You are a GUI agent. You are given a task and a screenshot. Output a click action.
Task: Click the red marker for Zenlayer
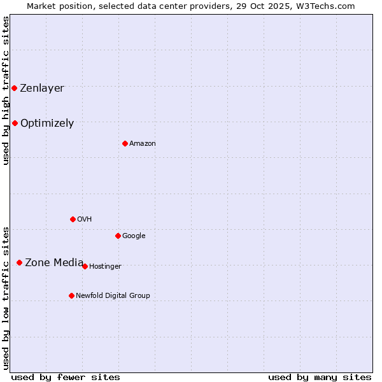(x=14, y=88)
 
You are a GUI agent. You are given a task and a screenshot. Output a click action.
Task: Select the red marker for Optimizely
(x=15, y=123)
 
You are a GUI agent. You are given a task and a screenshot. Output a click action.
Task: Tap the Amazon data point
(x=125, y=143)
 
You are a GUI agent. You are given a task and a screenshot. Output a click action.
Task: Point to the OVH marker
(x=73, y=219)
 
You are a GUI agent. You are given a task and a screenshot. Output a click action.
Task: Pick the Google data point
(x=118, y=236)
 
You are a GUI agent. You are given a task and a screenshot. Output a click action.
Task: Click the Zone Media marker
(x=19, y=262)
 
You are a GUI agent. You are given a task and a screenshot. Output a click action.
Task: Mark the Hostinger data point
(x=85, y=266)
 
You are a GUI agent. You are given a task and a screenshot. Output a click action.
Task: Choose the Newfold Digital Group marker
(x=71, y=295)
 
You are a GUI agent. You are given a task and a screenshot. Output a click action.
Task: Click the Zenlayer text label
(x=42, y=88)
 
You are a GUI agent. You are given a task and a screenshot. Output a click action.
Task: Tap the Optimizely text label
(x=47, y=124)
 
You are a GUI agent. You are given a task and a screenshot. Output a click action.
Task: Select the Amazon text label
(x=143, y=144)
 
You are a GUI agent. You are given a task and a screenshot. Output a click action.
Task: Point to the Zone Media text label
(x=54, y=262)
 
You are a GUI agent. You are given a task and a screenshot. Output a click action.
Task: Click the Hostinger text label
(x=105, y=267)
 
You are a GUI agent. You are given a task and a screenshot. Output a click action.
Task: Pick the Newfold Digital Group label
(x=113, y=295)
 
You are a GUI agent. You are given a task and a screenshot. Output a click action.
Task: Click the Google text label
(x=134, y=236)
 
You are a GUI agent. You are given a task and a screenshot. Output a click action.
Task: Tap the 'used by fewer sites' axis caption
(x=66, y=377)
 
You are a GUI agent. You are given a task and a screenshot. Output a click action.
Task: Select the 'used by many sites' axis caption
(x=320, y=377)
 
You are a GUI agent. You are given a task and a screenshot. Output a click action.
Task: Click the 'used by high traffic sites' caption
(x=6, y=90)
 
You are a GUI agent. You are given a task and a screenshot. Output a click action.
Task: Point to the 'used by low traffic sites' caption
(x=6, y=298)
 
